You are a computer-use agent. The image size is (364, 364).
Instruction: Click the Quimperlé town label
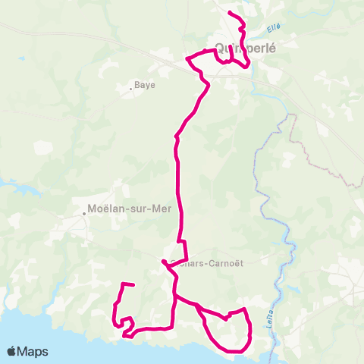(244, 45)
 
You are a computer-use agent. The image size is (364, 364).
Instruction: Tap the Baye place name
(144, 85)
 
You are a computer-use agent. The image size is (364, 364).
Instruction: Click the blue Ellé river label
(275, 28)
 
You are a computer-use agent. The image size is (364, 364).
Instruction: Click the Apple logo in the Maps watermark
(12, 351)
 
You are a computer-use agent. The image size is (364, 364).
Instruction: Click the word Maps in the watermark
(34, 351)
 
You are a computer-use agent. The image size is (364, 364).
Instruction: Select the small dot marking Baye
(131, 88)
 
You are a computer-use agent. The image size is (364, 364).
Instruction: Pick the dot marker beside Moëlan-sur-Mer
(85, 214)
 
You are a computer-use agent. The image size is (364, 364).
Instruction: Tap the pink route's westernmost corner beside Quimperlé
(187, 58)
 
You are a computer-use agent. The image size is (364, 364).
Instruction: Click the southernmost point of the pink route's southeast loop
(237, 351)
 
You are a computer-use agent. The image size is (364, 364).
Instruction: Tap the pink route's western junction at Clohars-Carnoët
(163, 262)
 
